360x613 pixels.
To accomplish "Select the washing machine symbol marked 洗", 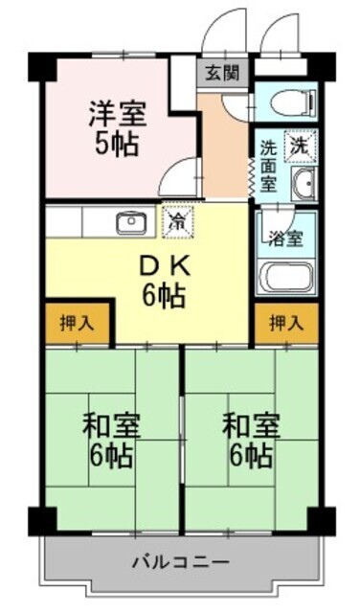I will tap(300, 148).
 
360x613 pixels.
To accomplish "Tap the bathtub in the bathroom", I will tap(287, 276).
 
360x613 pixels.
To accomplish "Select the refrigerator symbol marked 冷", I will tap(177, 221).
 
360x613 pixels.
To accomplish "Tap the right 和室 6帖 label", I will tap(252, 438).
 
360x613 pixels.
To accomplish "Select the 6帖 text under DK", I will tap(165, 296).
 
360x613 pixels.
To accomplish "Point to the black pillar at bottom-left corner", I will tap(39, 523).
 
